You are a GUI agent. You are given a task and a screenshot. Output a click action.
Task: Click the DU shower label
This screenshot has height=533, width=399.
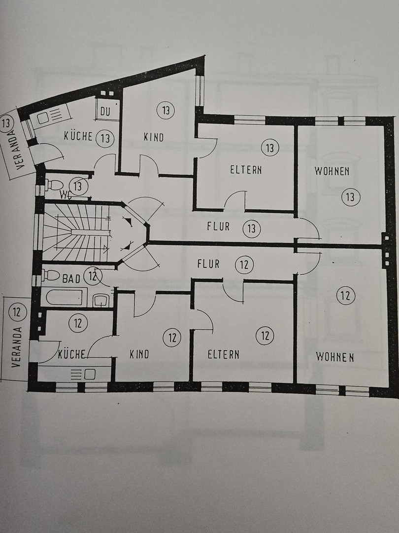[105, 112]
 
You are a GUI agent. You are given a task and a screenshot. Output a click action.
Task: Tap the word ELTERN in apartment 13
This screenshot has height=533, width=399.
[246, 170]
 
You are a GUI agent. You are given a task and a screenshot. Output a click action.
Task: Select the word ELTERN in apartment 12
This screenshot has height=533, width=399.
[223, 354]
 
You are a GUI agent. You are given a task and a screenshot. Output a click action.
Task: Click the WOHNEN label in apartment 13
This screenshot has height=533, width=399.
[332, 171]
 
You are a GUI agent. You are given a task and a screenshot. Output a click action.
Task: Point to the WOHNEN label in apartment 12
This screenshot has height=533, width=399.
[335, 357]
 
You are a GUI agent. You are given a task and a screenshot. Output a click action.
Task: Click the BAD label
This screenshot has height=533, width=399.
[71, 279]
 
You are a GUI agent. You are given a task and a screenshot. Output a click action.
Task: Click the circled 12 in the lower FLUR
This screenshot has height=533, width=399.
[244, 265]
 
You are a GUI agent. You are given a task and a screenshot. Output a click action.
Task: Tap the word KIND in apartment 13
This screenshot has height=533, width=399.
[153, 138]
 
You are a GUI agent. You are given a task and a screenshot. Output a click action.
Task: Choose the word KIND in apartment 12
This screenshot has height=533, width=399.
[139, 354]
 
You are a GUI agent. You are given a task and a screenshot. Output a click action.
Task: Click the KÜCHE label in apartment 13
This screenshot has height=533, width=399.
[78, 136]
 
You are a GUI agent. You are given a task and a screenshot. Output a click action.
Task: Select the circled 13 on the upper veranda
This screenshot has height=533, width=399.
[7, 121]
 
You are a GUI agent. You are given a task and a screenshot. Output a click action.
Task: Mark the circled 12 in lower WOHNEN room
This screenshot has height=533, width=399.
[345, 296]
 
